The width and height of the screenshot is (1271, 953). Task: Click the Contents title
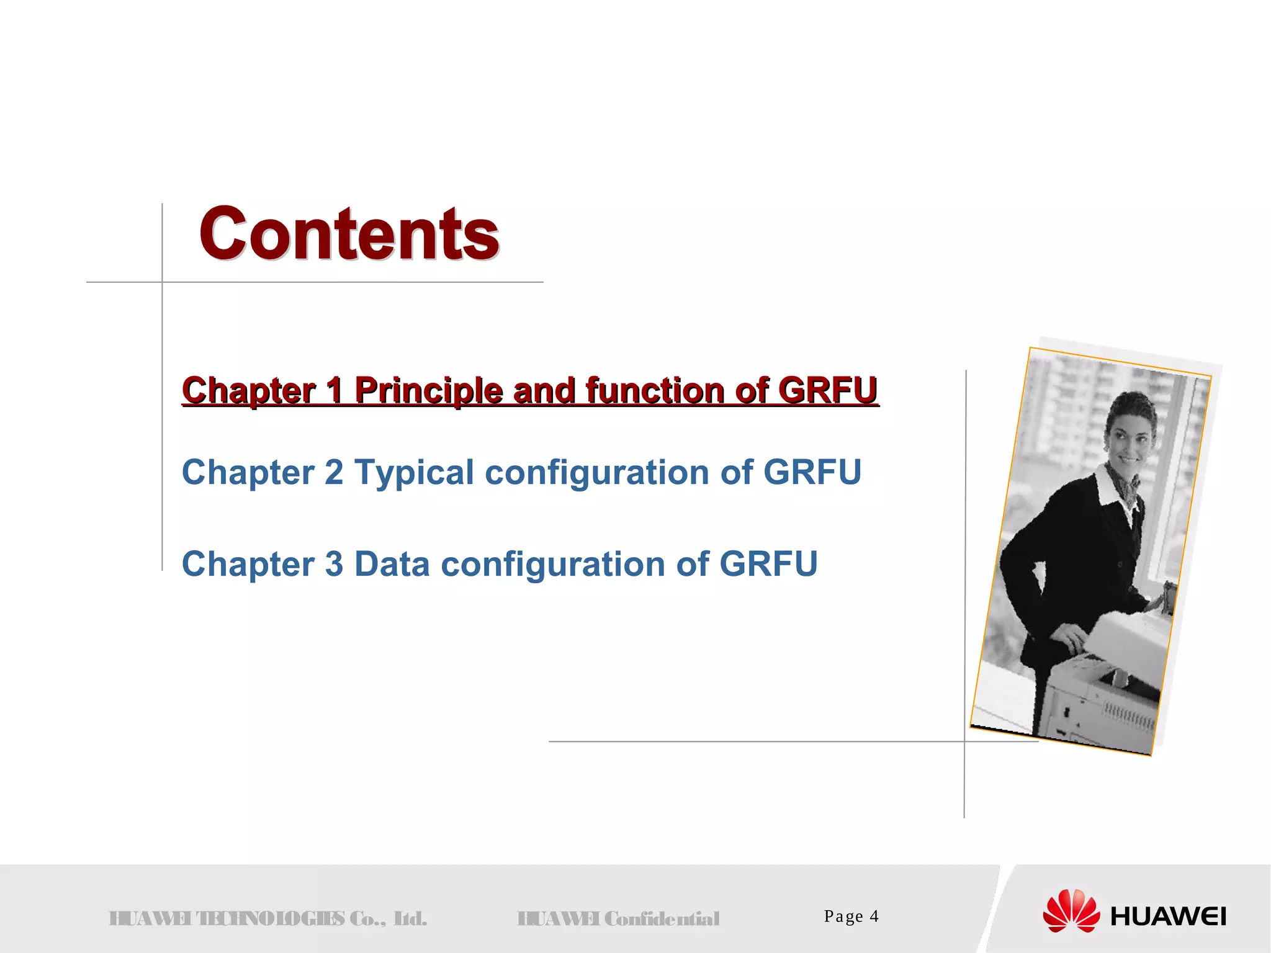[x=349, y=234]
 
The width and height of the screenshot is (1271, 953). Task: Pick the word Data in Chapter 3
[x=392, y=564]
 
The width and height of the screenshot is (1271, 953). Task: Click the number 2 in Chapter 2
[x=334, y=473]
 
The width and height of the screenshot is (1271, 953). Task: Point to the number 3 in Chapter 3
[x=334, y=564]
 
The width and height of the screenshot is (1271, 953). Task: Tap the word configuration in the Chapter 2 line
[x=596, y=473]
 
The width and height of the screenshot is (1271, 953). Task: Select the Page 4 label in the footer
[x=851, y=916]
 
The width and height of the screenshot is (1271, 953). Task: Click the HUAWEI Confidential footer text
[x=618, y=919]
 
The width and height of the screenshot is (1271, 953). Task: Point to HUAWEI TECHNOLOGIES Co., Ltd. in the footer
[x=267, y=919]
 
